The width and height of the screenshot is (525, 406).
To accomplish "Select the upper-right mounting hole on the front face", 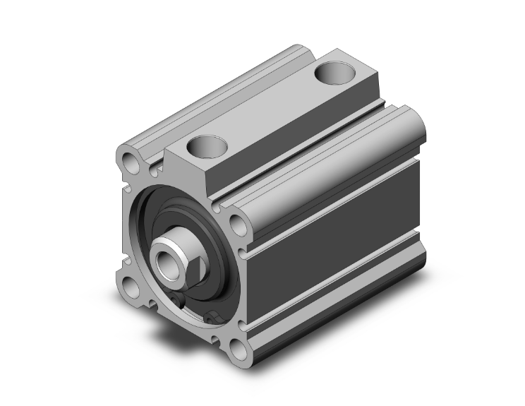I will tap(237, 225).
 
